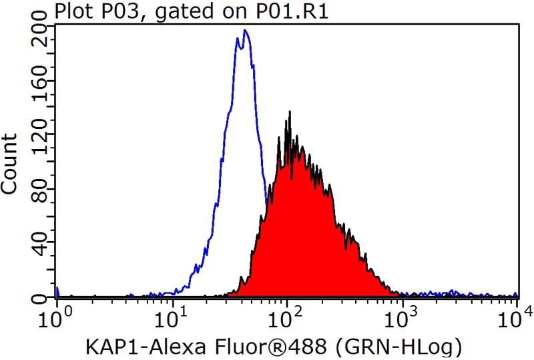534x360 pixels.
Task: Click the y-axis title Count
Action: click(10, 164)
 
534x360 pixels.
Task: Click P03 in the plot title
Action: click(112, 11)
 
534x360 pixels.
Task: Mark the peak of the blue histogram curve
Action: click(246, 30)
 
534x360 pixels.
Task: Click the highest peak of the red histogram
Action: click(289, 112)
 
